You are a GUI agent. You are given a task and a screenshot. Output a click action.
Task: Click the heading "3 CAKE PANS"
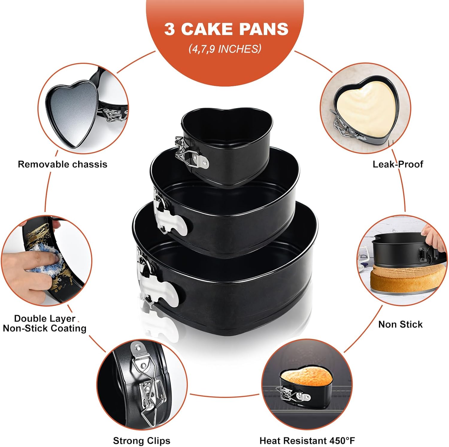point(226,29)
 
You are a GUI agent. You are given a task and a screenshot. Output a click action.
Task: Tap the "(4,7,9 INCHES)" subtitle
point(225,49)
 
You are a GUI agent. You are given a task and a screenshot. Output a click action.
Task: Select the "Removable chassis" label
point(63,164)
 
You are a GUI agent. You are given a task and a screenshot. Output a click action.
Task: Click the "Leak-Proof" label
point(398,164)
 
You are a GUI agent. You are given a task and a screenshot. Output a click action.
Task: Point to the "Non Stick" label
point(401,324)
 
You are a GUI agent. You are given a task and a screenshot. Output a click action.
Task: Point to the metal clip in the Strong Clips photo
point(147,389)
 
